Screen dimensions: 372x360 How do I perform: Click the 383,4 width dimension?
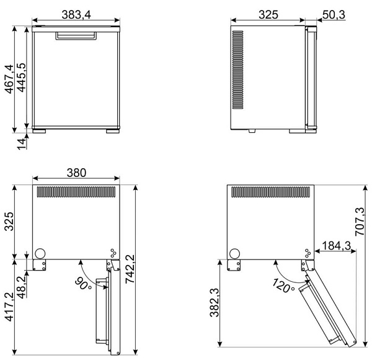(76, 15)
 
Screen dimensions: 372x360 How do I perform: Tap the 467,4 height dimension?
(10, 79)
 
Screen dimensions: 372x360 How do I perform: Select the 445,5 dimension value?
(21, 78)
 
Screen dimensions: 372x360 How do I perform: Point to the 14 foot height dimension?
(22, 144)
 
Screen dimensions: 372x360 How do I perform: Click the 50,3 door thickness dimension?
(334, 15)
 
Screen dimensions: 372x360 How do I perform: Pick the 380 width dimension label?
(76, 173)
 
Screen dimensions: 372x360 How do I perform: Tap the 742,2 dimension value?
(130, 269)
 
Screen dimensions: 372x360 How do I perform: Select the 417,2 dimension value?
(10, 307)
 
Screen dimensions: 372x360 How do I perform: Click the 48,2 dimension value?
(22, 287)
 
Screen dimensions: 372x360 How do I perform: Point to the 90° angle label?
(83, 284)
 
